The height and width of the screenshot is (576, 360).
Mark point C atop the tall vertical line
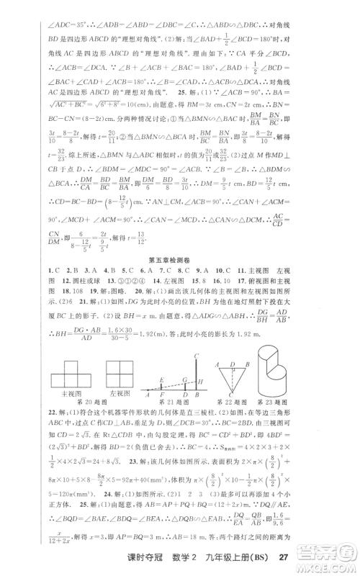coord(196,356)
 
